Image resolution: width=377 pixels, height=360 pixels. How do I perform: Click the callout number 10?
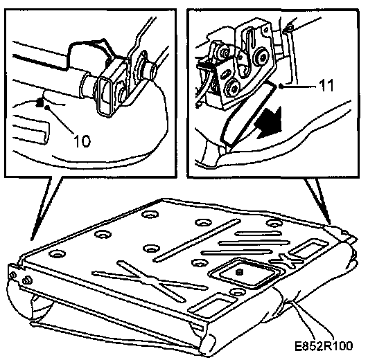82,141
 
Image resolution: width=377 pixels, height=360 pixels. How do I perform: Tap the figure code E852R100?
324,346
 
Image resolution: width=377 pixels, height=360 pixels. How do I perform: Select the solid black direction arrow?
269,123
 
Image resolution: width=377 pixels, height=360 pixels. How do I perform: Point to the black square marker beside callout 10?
40,103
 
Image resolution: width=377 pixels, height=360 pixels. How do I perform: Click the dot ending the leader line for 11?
281,86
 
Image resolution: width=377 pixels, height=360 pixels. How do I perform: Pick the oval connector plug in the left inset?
106,98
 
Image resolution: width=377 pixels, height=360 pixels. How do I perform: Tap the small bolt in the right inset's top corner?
289,29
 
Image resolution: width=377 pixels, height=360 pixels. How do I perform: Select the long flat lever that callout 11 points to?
247,113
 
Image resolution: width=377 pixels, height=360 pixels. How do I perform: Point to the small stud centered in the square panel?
239,272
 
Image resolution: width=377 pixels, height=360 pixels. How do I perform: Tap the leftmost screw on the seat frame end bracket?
14,276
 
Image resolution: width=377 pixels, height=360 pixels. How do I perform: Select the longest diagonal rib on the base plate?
197,240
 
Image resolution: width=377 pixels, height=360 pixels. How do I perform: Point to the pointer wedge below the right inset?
319,201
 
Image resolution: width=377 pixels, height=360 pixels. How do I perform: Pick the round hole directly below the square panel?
237,293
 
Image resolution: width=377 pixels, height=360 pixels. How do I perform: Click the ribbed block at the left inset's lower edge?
30,129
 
